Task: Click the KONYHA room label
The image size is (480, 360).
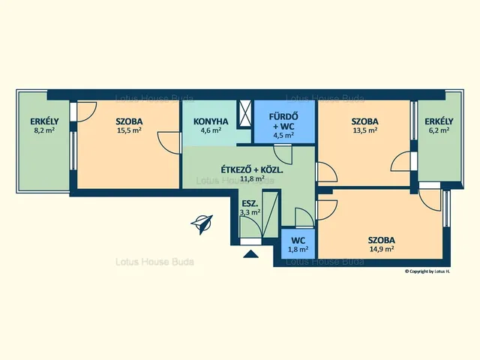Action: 211,121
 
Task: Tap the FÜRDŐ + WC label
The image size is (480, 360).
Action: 283,121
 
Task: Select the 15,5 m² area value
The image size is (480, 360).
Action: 129,130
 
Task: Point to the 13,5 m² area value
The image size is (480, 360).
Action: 364,130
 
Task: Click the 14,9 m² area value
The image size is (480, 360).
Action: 382,249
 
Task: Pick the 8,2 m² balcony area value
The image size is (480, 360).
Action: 44,130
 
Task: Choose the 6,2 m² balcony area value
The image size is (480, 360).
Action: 439,130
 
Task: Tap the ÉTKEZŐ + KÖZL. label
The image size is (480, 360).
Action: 252,170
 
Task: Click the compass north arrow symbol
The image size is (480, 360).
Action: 202,224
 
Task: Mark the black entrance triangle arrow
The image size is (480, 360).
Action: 250,254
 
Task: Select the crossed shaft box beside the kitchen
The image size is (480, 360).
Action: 244,113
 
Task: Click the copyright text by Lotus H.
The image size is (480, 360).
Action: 427,271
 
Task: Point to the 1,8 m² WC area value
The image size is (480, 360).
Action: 298,249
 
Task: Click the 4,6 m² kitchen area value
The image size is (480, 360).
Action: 211,130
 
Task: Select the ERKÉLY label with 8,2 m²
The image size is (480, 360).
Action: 44,121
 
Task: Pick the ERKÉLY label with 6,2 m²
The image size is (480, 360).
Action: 439,121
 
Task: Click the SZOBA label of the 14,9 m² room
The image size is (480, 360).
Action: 382,240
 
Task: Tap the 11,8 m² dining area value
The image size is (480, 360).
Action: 253,178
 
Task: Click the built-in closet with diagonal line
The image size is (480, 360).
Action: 271,214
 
